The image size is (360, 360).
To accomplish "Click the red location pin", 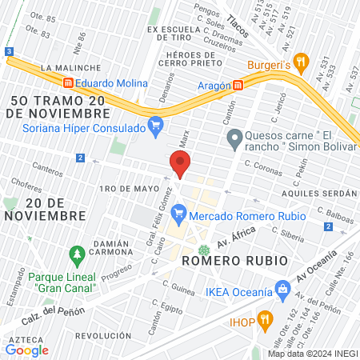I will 180,164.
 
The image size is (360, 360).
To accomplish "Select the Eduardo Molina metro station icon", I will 68,83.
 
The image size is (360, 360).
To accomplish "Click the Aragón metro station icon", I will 238,86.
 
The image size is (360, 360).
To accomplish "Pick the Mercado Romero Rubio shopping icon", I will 179,213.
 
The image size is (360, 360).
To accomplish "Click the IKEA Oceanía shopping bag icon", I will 282,287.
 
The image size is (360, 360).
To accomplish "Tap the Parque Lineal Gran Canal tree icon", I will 77,256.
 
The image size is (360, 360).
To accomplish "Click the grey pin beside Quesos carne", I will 234,142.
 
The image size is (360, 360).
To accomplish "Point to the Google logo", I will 27,350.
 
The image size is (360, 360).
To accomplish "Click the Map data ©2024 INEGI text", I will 312,354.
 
